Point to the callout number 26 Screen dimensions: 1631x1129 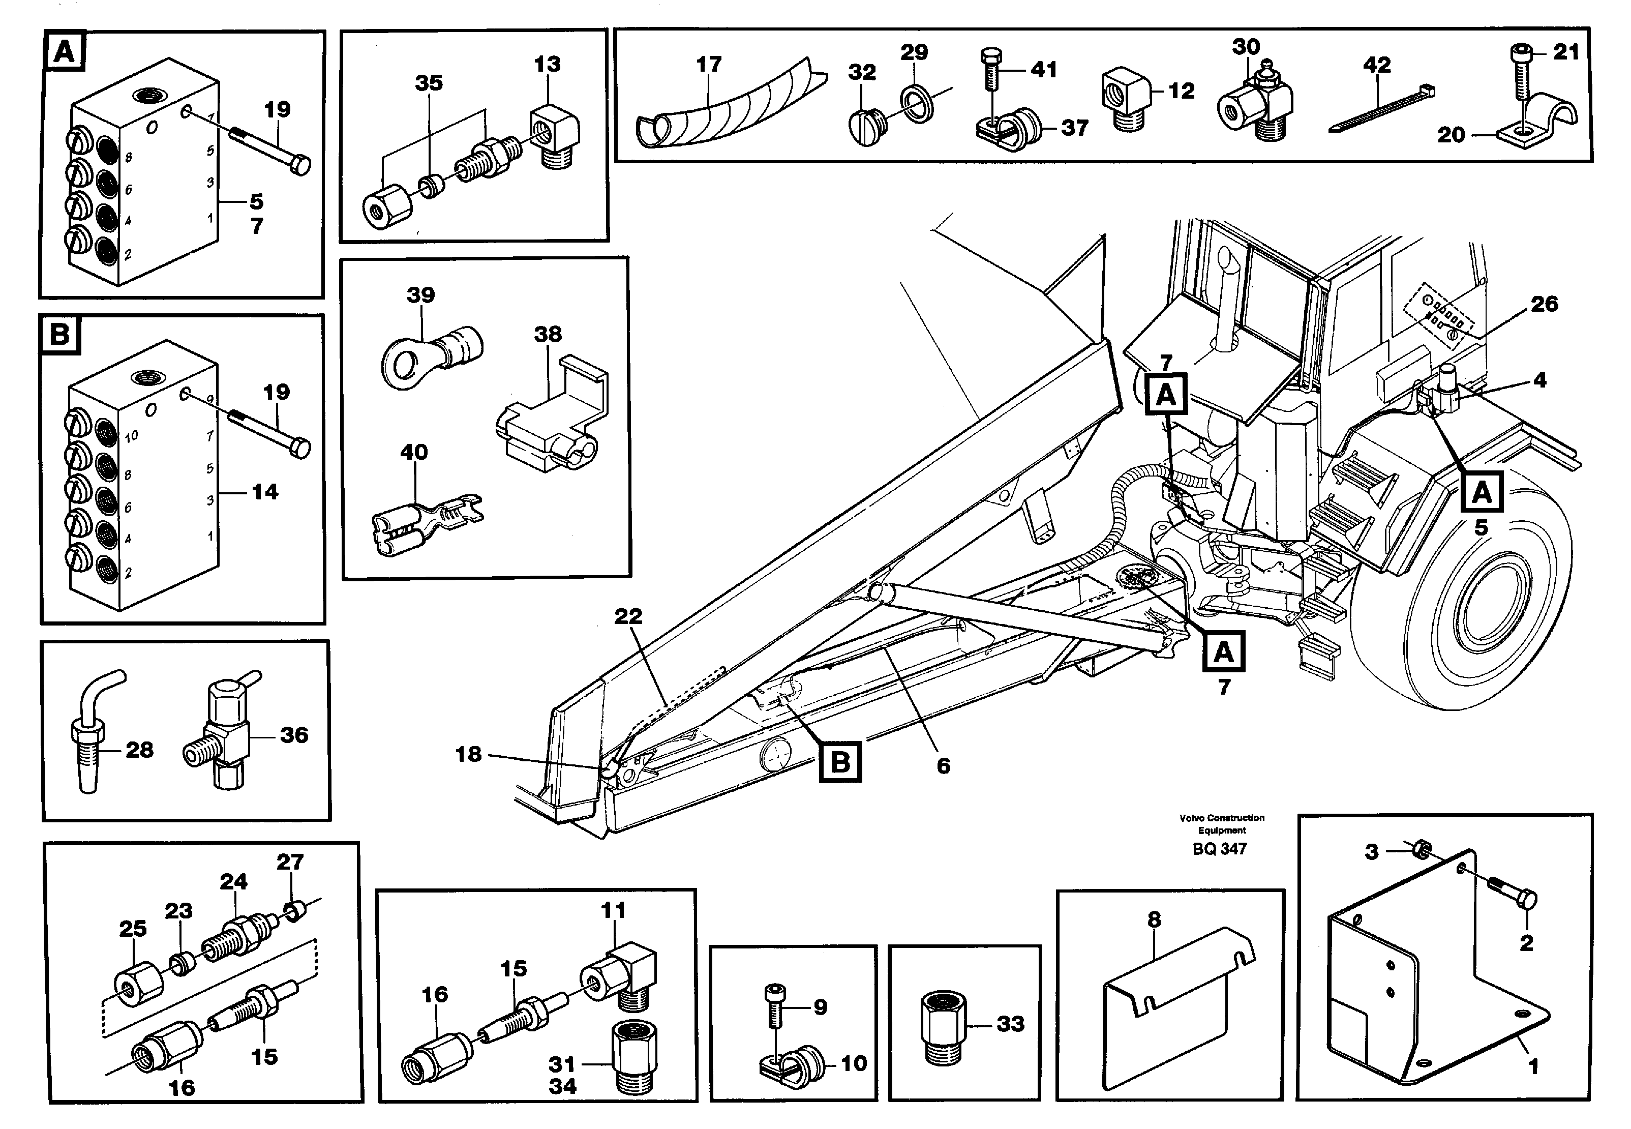pos(1544,304)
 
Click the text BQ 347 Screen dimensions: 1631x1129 pos(1220,849)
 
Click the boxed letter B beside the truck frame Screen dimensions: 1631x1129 pos(840,762)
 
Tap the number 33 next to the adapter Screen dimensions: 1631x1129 pos(1010,1024)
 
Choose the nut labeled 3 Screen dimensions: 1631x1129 pos(1425,847)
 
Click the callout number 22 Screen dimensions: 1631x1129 pos(628,617)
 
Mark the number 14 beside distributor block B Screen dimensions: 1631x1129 pos(265,492)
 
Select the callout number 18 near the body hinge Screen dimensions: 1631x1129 pos(468,754)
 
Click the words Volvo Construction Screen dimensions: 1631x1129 pos(1222,818)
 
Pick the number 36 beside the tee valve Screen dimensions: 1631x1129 pos(294,735)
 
